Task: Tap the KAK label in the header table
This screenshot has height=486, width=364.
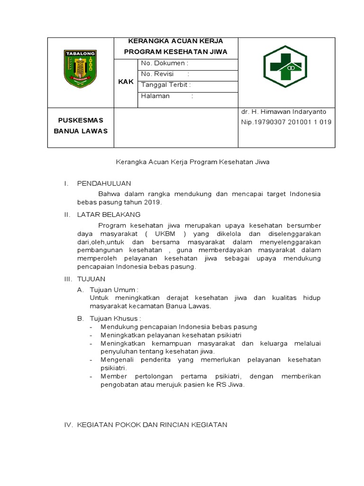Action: pos(126,82)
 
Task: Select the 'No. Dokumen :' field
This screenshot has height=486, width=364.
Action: pos(164,63)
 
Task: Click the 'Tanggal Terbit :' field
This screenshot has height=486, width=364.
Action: pos(166,85)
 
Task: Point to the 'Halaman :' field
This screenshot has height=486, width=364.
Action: pos(167,96)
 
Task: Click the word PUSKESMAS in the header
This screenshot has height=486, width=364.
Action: pos(81,120)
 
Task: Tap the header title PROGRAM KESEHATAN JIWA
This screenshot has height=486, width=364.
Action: pos(176,51)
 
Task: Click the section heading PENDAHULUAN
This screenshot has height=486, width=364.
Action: pos(104,183)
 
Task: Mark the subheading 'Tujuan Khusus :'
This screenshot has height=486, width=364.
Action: pos(116,318)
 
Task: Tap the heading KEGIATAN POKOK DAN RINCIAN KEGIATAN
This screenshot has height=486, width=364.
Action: pos(152,425)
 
